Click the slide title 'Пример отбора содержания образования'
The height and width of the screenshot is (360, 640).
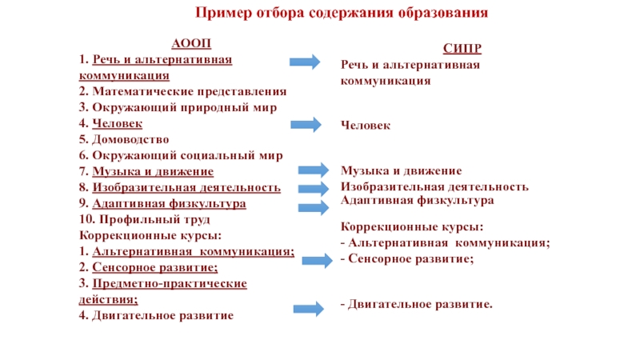click(342, 14)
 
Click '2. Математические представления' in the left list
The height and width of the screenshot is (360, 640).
click(182, 92)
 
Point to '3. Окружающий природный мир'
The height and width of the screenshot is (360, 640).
click(178, 107)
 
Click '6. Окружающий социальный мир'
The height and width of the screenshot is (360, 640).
click(181, 155)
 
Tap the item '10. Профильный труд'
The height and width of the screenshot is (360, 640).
click(145, 219)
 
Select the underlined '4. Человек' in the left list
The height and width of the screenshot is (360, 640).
click(111, 123)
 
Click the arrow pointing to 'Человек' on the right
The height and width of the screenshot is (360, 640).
click(305, 124)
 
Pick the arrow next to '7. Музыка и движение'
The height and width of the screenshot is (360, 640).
click(313, 170)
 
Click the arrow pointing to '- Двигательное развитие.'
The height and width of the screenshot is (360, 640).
click(307, 309)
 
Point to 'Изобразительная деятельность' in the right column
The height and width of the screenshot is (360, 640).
click(434, 186)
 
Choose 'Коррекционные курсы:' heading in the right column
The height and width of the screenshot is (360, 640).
click(411, 226)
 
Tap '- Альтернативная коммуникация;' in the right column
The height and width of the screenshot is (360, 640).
click(445, 242)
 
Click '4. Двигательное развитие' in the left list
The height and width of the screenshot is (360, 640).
click(157, 315)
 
